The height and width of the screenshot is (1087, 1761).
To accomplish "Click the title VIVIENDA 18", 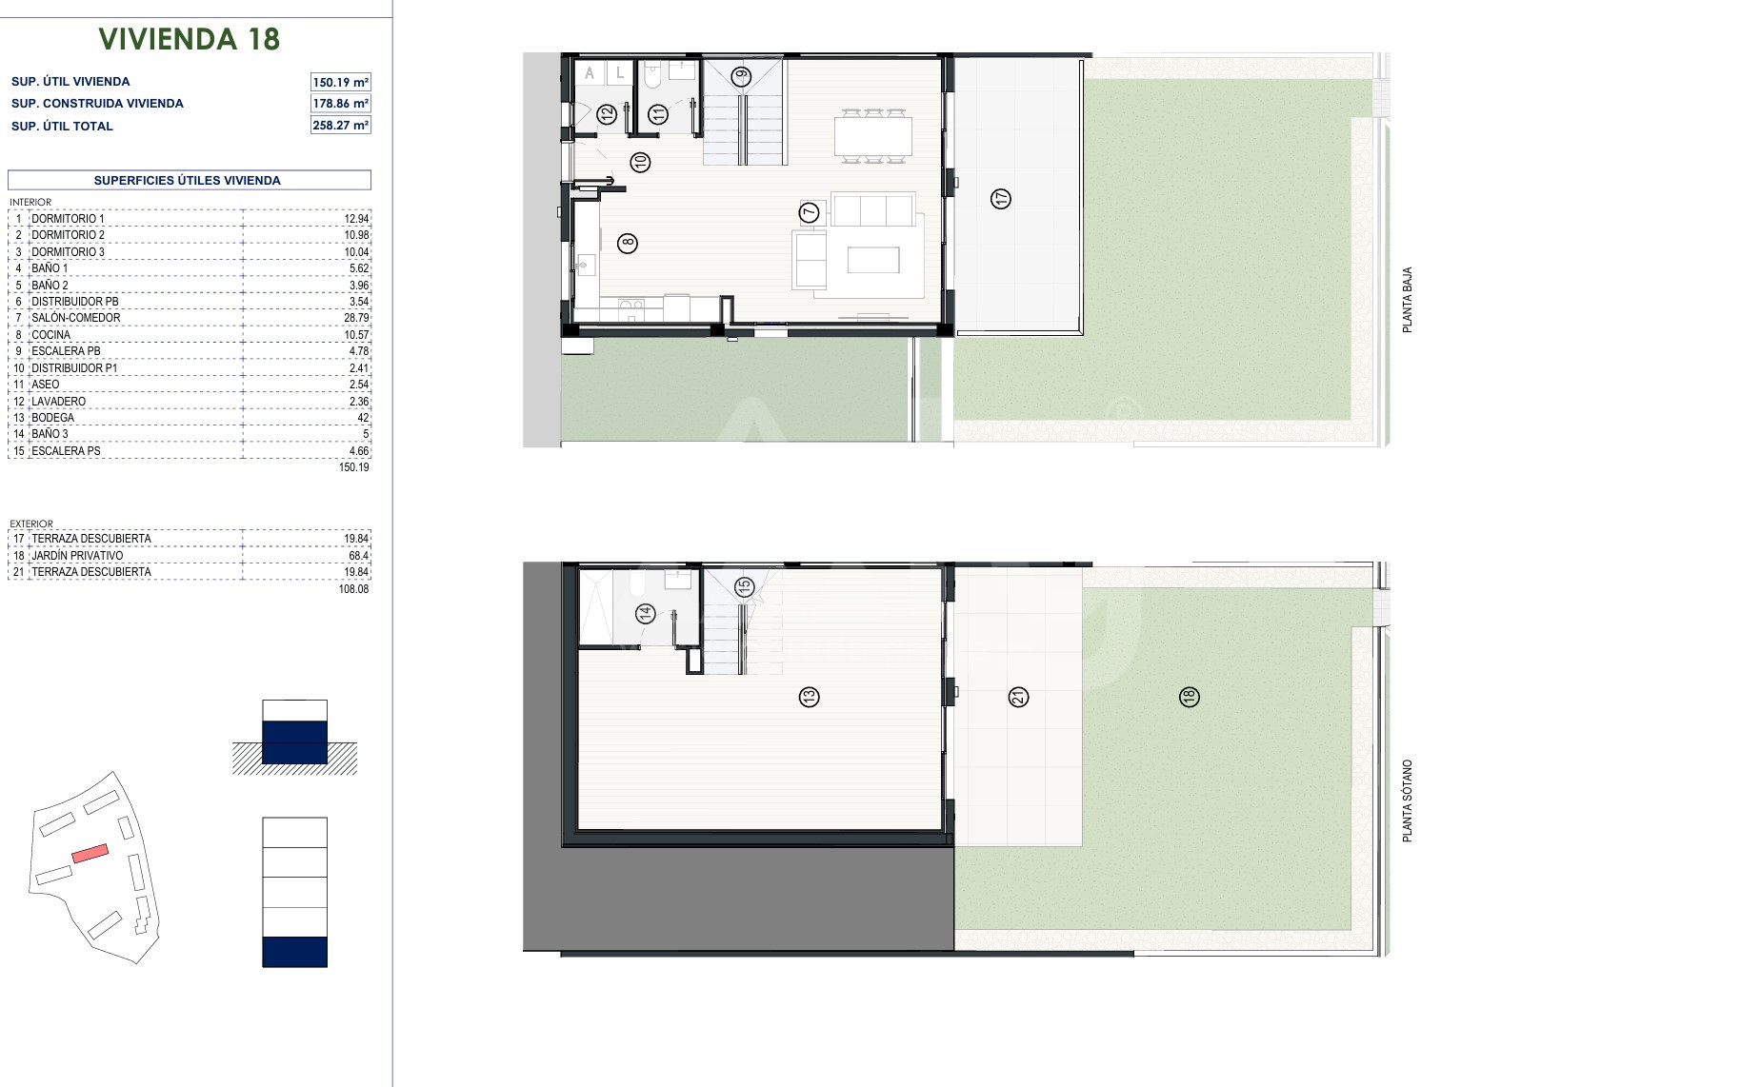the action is pos(190,39).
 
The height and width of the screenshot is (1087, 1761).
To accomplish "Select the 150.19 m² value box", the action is pos(341,82).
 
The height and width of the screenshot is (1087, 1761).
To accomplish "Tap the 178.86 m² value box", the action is pos(341,104).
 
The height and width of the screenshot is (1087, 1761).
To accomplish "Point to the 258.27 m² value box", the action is pos(341,126).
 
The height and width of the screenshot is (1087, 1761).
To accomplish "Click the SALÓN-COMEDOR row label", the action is pos(76,318).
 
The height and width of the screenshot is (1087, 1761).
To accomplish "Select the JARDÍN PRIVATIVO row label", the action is pos(77,556).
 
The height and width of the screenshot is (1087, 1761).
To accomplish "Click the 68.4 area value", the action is pos(359,556).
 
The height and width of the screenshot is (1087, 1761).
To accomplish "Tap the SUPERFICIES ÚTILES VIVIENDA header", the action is pos(188,180).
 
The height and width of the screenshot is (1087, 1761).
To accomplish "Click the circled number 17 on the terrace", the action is pos(1000,199).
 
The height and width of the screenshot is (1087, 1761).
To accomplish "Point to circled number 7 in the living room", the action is pos(810,213).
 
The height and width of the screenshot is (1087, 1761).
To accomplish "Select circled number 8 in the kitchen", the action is pos(627,243).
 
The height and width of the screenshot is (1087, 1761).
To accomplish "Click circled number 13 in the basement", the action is pos(809,697).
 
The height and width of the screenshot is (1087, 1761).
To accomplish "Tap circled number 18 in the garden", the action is pos(1189,697).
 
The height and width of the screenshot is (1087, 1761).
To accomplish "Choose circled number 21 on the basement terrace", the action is pos(1018,697).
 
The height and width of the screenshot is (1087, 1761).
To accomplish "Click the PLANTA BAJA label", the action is pos(1407,300).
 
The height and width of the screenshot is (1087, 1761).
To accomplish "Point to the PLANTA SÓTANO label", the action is pos(1407,800).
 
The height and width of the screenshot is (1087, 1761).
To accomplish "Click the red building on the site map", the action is pos(90,854).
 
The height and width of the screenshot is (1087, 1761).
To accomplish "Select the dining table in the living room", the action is pos(873,135).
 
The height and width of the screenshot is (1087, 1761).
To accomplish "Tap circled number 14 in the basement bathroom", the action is pos(647,614).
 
